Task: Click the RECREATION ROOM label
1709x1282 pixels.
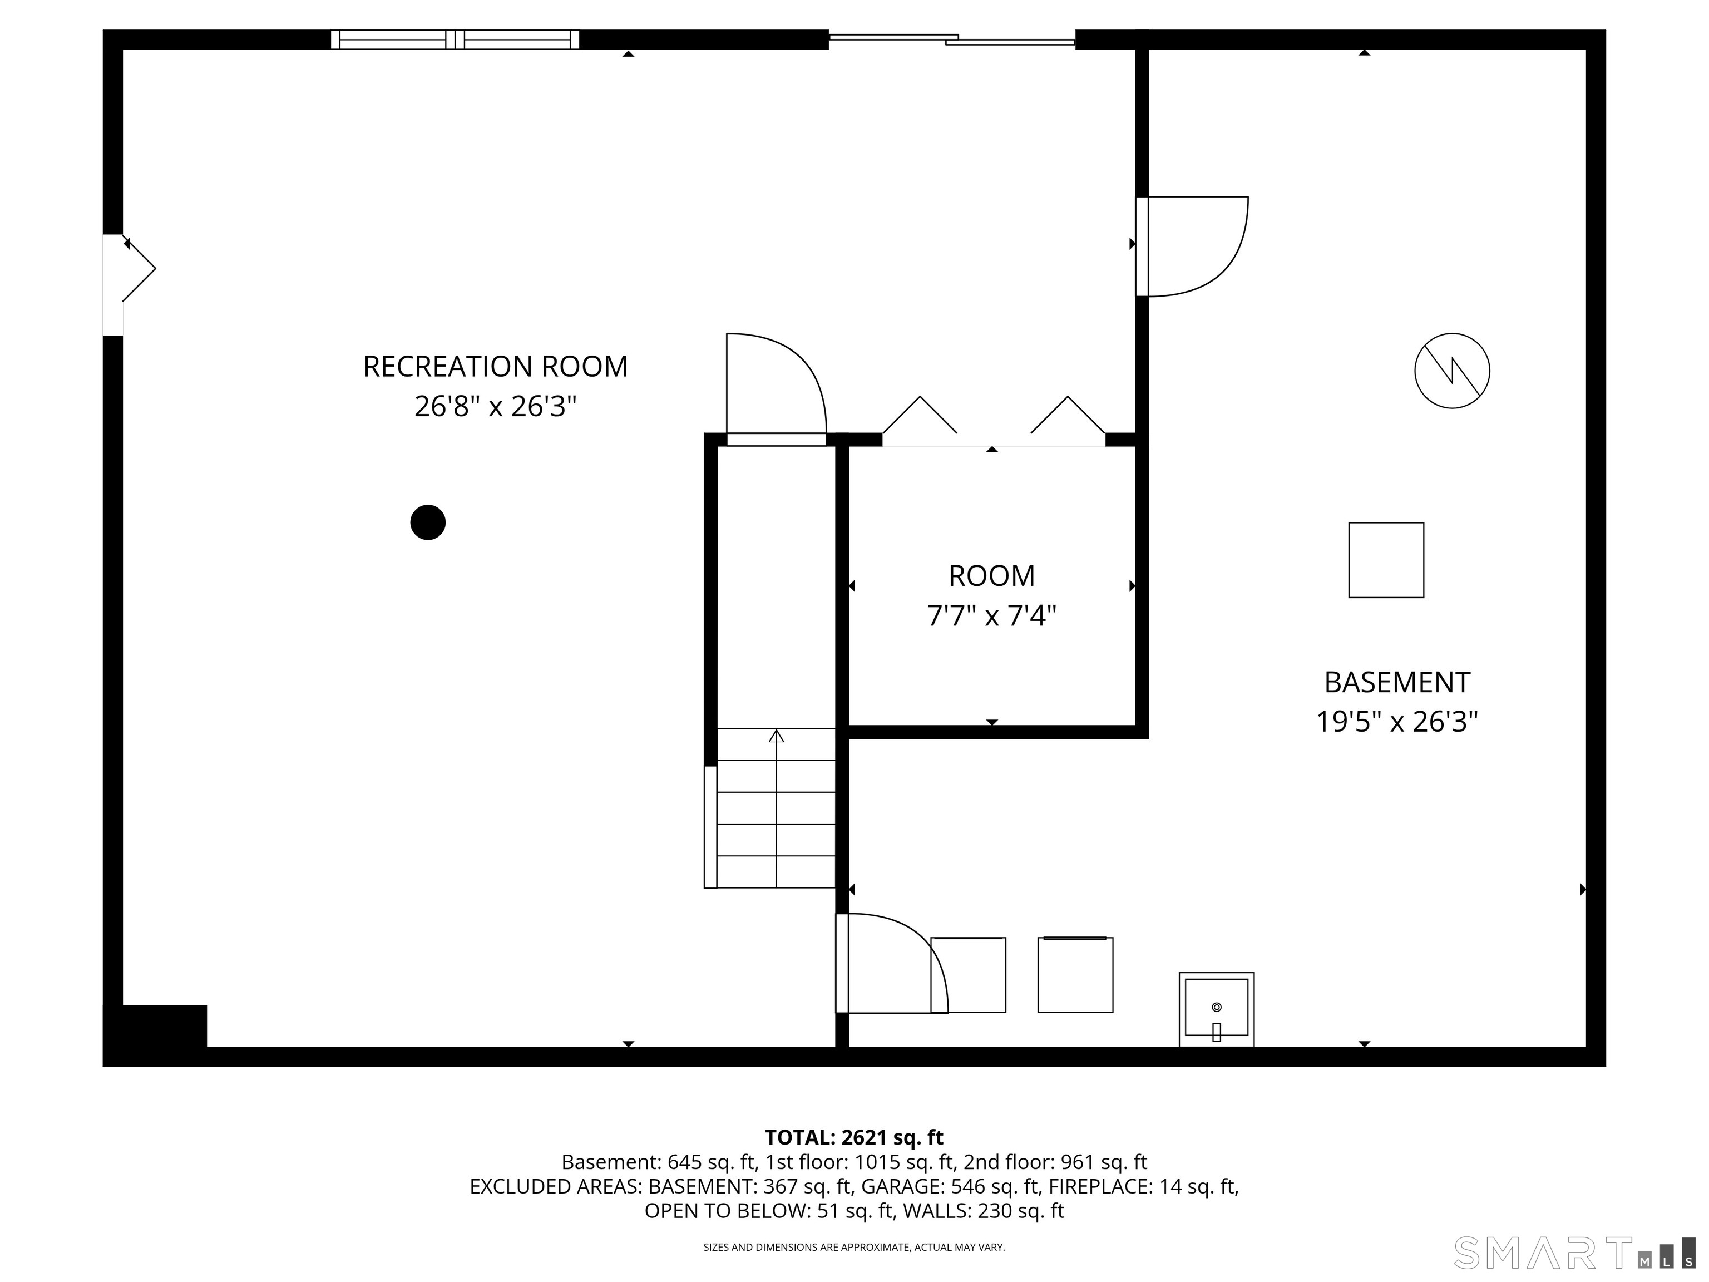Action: click(495, 366)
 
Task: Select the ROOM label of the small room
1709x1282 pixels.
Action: click(991, 576)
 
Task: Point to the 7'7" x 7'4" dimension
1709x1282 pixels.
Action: click(991, 616)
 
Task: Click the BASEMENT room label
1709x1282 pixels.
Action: click(1397, 682)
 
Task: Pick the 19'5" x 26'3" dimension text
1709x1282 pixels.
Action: click(1397, 722)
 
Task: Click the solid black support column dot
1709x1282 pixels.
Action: click(428, 522)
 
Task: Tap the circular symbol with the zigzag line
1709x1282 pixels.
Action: click(1452, 371)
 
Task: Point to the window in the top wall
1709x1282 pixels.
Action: click(455, 40)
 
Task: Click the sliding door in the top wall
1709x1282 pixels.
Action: click(952, 38)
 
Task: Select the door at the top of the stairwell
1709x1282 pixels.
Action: click(776, 386)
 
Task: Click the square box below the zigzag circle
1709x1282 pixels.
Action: click(1386, 560)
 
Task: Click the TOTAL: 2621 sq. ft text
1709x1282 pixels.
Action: click(854, 1137)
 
